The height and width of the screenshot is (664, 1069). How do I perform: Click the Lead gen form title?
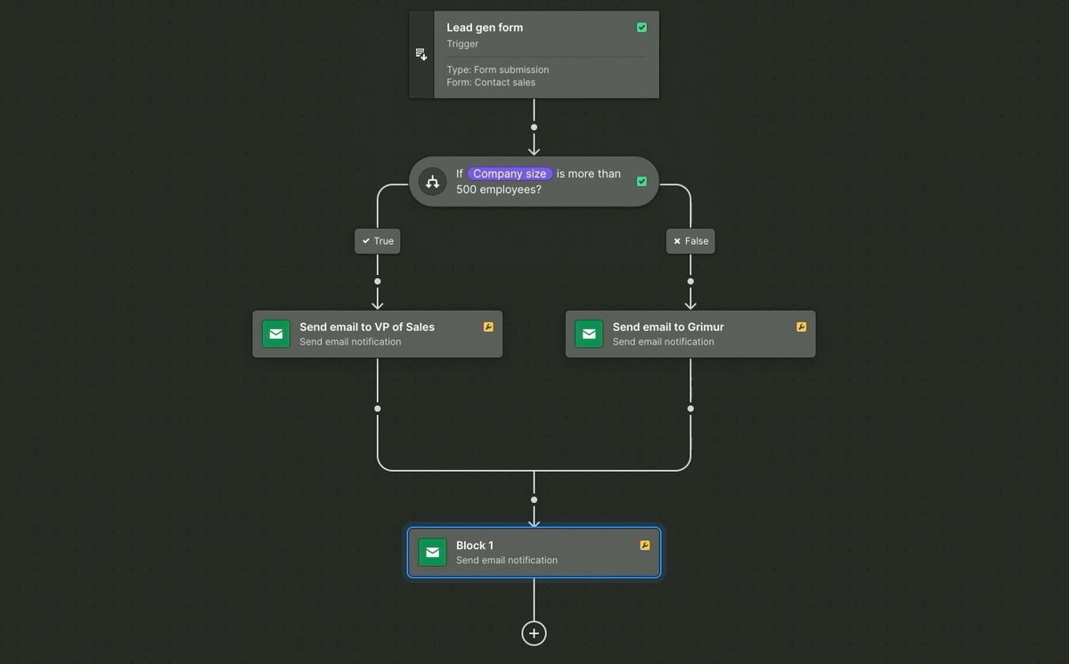(485, 28)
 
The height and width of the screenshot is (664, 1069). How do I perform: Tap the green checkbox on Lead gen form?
(641, 28)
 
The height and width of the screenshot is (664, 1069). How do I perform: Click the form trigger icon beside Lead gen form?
(421, 54)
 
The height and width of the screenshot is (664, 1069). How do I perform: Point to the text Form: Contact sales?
(491, 83)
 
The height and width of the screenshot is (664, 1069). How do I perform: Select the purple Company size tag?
(510, 174)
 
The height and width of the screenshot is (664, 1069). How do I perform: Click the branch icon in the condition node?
(432, 182)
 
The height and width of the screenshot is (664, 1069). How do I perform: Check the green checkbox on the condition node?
(641, 182)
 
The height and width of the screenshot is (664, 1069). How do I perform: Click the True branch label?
(378, 241)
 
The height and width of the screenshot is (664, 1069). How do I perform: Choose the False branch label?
(690, 241)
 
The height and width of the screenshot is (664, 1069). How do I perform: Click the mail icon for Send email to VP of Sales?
(276, 334)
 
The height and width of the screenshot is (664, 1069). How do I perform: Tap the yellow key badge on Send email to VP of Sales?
(488, 327)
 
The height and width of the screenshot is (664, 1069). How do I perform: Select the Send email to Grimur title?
(668, 327)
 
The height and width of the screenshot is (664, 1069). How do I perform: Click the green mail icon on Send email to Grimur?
(589, 334)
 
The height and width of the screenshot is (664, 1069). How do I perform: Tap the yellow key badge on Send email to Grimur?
(801, 327)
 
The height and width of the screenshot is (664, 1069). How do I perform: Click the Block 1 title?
(475, 546)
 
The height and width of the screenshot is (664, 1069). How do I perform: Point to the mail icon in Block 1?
(433, 553)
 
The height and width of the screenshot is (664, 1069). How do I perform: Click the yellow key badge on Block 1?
(645, 546)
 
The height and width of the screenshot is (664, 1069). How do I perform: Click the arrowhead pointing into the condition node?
(534, 150)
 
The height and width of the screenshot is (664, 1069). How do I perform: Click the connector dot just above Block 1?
(534, 499)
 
